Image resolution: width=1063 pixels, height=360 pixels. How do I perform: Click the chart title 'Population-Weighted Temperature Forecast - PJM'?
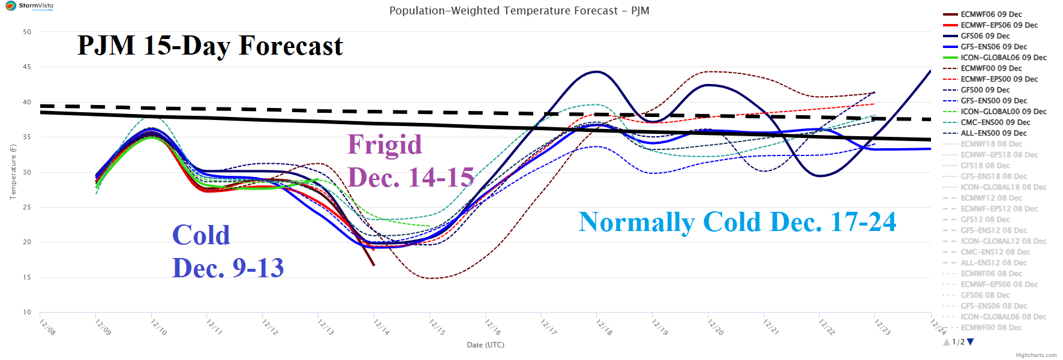[x=519, y=11]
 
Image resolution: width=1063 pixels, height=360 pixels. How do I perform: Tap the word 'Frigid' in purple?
[x=385, y=145]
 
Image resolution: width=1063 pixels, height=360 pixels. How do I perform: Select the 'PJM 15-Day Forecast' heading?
[x=210, y=46]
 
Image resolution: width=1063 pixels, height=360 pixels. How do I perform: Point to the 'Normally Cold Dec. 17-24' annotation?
[x=737, y=222]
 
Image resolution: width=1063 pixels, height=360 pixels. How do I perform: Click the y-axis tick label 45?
[x=27, y=67]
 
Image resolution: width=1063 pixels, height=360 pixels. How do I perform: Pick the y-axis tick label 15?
[x=27, y=277]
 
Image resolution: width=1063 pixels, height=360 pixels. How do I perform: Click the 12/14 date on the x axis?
[x=381, y=327]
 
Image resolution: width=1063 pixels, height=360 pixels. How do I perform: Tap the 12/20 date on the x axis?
[x=715, y=327]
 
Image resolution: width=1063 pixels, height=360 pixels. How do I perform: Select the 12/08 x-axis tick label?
[x=47, y=327]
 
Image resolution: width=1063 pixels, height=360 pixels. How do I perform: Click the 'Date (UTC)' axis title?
[x=485, y=345]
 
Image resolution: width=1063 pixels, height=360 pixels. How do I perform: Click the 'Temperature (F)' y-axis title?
[x=13, y=172]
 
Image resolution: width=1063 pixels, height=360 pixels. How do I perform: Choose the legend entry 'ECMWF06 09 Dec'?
[x=991, y=14]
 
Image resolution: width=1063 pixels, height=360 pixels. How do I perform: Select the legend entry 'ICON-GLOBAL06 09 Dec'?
[x=1003, y=58]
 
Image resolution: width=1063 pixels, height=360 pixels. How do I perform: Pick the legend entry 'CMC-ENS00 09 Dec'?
[x=995, y=122]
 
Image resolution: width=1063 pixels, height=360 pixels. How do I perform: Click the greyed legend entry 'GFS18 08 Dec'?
[x=985, y=166]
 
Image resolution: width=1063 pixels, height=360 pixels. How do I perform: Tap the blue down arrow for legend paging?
[x=971, y=342]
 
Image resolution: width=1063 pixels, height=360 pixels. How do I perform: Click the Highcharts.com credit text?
[x=1036, y=355]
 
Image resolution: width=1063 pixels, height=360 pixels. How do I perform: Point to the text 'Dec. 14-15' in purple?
[x=411, y=178]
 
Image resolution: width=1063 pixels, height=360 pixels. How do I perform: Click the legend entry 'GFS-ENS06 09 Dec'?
[x=993, y=47]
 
